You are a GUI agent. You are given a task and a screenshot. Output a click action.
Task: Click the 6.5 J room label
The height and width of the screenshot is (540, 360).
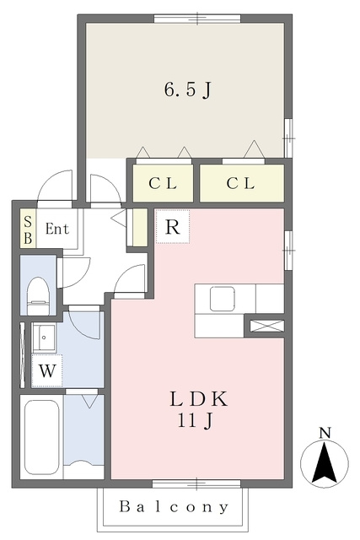(187, 90)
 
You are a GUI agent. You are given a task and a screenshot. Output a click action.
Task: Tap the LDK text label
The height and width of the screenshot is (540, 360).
(199, 399)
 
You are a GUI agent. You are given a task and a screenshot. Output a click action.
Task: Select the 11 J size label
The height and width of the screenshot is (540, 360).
(196, 421)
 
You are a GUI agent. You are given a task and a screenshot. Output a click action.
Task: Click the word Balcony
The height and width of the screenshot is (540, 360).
(175, 507)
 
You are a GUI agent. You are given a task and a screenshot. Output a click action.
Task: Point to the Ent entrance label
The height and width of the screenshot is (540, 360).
(57, 229)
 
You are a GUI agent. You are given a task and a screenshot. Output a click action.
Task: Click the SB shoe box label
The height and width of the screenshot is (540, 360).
(28, 229)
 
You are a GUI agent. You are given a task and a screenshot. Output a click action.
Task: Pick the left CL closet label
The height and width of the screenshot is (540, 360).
(163, 183)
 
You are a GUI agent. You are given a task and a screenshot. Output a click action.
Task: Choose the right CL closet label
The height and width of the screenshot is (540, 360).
(240, 183)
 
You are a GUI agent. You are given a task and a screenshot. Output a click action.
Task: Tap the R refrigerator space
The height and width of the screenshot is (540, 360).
(173, 227)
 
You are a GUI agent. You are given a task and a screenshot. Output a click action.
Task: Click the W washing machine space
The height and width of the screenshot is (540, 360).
(47, 371)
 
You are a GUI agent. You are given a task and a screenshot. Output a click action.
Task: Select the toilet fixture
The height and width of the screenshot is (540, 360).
(38, 296)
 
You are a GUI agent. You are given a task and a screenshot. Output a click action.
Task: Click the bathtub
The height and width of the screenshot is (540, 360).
(41, 436)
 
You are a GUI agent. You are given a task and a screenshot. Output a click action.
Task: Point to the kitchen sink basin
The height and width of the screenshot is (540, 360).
(223, 300)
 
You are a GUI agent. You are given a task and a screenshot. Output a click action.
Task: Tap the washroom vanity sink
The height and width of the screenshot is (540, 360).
(43, 337)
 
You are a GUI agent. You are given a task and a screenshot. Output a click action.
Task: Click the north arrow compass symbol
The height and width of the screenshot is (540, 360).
(325, 463)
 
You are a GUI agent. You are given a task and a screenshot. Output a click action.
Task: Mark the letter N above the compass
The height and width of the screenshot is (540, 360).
(325, 433)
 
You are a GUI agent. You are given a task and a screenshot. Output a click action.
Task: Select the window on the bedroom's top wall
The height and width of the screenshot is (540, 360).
(197, 19)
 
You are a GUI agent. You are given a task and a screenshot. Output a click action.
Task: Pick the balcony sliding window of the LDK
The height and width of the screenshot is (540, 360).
(196, 483)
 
